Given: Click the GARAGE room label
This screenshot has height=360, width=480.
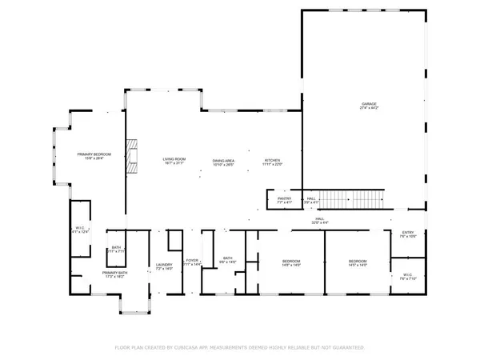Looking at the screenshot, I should coord(368,106).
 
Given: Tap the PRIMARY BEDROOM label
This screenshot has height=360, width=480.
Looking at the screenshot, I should coord(94,155).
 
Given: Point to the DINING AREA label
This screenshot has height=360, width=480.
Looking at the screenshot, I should coord(223,162).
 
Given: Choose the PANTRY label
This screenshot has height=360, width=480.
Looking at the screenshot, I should coord(284,199).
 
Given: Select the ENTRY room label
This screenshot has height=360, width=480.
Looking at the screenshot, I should coord(408,234).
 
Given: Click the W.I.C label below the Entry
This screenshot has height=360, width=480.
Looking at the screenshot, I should coord(407,275).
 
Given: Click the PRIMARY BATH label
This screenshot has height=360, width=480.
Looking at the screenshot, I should coord(113,274).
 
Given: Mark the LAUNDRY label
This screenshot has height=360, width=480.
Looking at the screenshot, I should coord(164,265).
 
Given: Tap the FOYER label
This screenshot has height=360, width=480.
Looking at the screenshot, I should coord(192,261).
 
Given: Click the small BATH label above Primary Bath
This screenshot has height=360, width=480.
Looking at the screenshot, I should coord(116,248).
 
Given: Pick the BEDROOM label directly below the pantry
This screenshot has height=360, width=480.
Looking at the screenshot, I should coord(291,262).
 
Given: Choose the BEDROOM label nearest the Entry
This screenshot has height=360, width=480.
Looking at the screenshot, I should coord(358,262).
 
